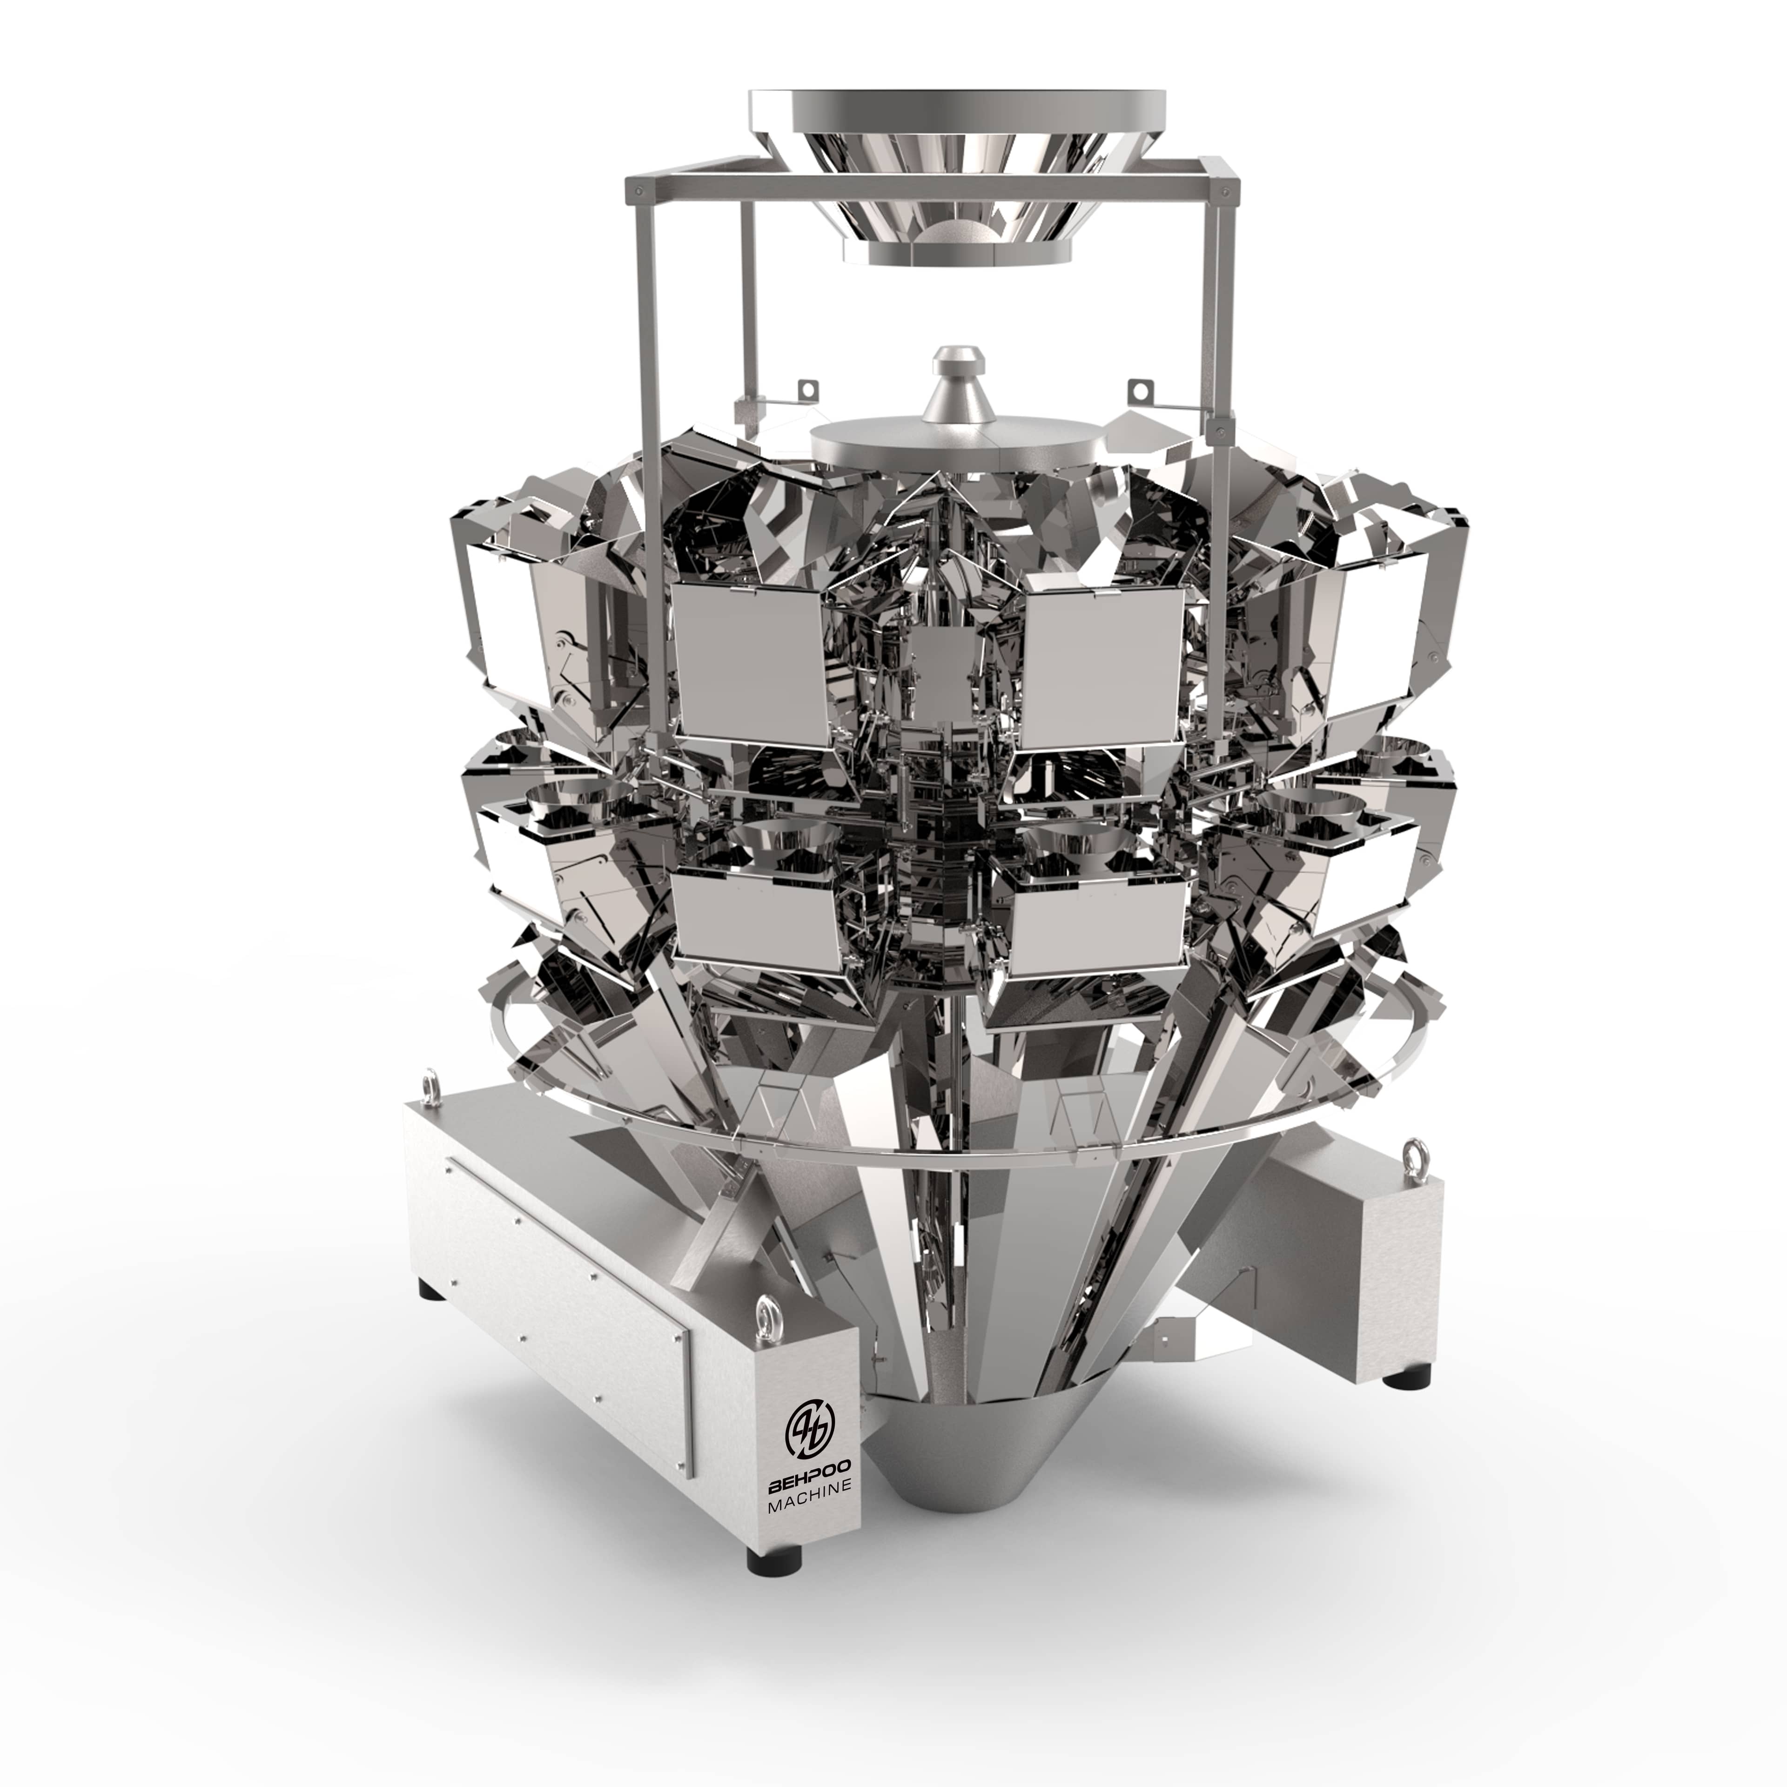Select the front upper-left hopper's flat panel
(751, 663)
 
